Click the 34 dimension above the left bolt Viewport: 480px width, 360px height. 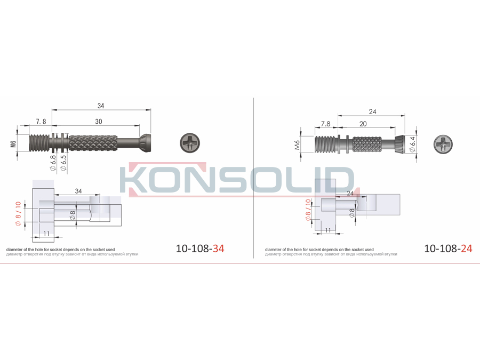click(101, 106)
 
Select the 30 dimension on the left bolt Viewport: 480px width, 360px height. click(99, 122)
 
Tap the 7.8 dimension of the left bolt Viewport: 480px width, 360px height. click(41, 122)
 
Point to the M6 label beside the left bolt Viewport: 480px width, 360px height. click(13, 143)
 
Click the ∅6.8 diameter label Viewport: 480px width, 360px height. click(53, 163)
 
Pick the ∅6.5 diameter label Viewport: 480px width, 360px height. click(63, 163)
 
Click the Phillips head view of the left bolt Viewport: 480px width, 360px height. click(190, 143)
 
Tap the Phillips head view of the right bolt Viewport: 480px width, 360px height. click(443, 144)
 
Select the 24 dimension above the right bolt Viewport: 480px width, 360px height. click(373, 112)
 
